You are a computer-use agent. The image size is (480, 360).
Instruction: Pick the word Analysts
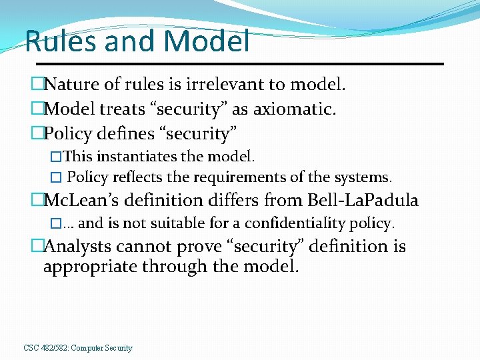78,247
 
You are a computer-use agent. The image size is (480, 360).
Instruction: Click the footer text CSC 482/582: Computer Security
78,348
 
